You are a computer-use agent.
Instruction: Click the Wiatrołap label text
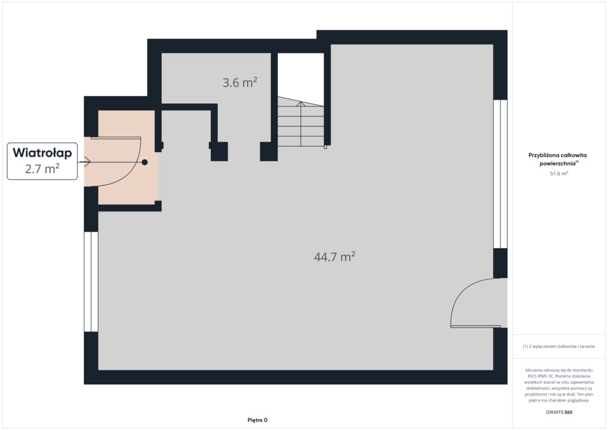tap(42, 153)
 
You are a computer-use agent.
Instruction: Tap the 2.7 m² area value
tap(42, 169)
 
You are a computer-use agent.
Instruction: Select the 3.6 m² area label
tap(240, 82)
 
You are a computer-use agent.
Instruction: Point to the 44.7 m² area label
tap(335, 257)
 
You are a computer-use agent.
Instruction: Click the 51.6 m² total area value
tap(559, 173)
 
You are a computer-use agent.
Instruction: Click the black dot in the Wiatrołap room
tap(145, 162)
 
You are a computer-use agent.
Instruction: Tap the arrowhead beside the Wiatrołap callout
tap(88, 162)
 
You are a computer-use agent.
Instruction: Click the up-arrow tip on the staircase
tap(300, 102)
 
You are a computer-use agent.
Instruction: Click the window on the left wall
tap(91, 282)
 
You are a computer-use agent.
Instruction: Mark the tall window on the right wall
tap(500, 174)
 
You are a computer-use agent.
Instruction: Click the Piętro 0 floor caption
tap(258, 420)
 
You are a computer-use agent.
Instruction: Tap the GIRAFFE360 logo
tap(559, 412)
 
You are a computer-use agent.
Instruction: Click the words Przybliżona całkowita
tap(557, 155)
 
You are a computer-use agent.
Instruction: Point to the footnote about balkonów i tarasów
tap(559, 346)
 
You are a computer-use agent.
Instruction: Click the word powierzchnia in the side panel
tap(557, 163)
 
